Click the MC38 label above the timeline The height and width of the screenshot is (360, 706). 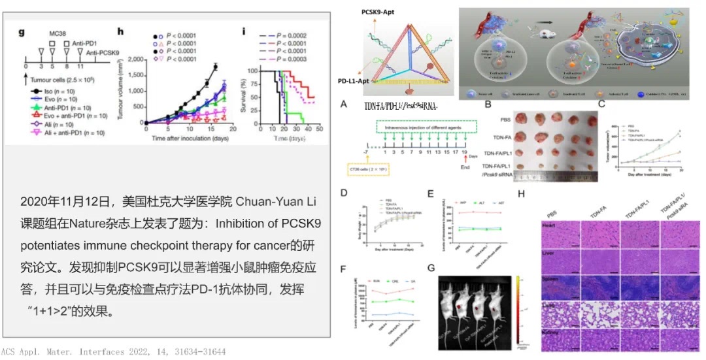pyautogui.click(x=58, y=32)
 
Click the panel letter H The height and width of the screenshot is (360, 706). pyautogui.click(x=521, y=194)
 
